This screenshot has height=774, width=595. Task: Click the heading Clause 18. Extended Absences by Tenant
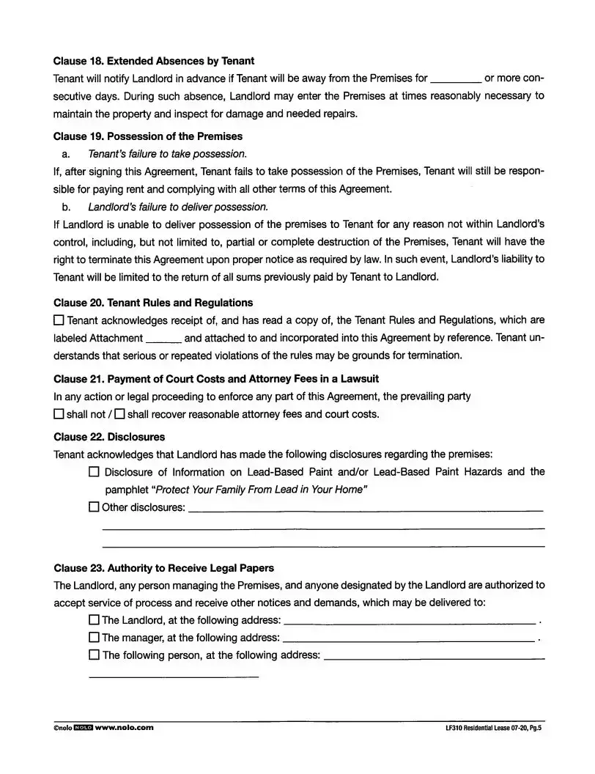coord(154,61)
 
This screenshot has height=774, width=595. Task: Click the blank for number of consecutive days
coord(456,78)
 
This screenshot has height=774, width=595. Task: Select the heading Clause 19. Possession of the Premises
coord(148,136)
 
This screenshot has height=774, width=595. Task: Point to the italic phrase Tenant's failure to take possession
coord(167,154)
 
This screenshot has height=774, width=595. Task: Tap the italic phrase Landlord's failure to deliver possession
coord(178,206)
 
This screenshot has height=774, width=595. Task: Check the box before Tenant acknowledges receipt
coord(59,320)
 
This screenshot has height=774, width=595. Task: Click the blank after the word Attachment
coord(164,339)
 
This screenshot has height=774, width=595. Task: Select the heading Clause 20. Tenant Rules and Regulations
coord(153,303)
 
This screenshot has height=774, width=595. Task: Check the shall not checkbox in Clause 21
coord(59,414)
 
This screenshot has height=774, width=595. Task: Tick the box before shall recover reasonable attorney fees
coord(119,414)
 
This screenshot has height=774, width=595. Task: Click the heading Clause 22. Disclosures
coord(109,437)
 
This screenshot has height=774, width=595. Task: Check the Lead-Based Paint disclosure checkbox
coord(94,472)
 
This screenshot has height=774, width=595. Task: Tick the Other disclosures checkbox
coord(94,506)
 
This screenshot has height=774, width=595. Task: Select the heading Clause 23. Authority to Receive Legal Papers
coord(164,568)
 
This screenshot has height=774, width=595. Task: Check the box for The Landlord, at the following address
coord(94,620)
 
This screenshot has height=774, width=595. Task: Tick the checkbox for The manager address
coord(94,638)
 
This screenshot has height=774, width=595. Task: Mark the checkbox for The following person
coord(94,655)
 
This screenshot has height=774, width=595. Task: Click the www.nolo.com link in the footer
coord(125,728)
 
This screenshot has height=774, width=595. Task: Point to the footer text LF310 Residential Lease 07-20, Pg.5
coord(492,729)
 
